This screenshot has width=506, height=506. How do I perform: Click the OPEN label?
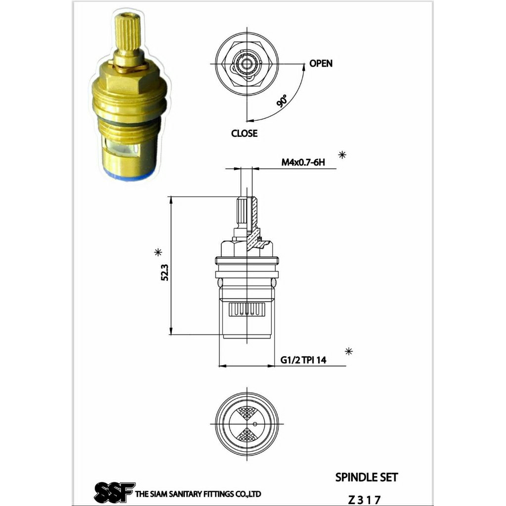[320, 63]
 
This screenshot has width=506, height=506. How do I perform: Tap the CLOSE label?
[244, 133]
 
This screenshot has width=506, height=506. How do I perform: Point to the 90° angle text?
[282, 101]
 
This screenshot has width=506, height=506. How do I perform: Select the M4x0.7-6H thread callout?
[303, 162]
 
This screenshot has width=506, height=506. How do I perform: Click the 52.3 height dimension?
[165, 272]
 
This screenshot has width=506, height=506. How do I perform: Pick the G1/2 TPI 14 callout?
[303, 360]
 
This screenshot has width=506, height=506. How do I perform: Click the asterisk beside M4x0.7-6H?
[342, 155]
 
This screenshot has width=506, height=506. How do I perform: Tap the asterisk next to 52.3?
[158, 252]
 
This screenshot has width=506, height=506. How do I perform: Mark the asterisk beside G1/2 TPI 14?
[348, 351]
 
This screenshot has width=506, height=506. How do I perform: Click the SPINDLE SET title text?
[367, 477]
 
